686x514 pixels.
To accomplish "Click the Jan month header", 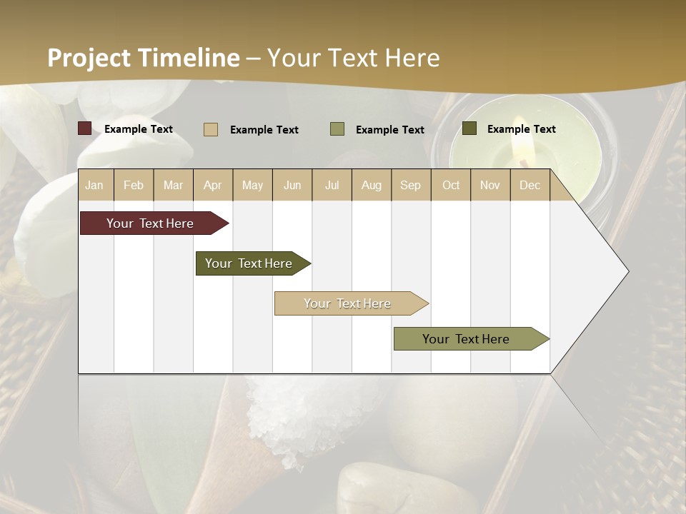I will tap(95, 185).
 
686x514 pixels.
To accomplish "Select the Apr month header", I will tap(213, 185).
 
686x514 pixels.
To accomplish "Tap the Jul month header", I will tap(332, 185).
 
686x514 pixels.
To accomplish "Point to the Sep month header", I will tap(410, 185).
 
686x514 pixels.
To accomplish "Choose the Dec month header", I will tap(530, 185).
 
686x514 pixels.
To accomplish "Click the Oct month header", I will tap(451, 185).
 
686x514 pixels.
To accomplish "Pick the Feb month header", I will tap(134, 185).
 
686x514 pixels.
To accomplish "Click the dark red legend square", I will tap(85, 128).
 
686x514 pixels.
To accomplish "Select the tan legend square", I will tap(211, 129).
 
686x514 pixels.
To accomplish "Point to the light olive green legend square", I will tap(337, 129).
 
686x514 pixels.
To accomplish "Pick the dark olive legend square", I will tap(469, 128).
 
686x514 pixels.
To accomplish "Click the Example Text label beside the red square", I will tap(139, 129).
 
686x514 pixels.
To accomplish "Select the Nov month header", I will tap(490, 185).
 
